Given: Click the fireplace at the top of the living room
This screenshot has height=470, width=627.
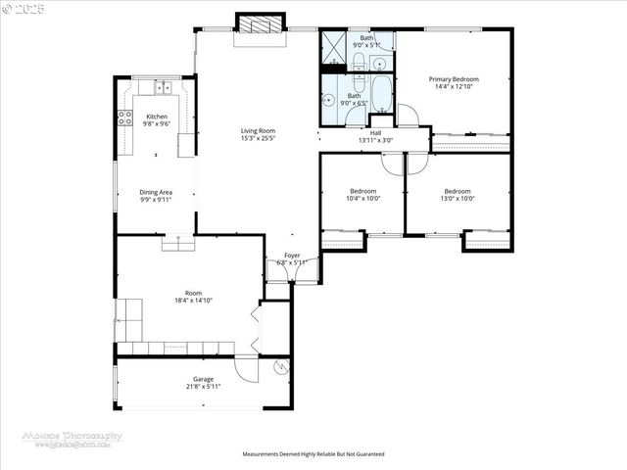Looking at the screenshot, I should click(x=260, y=26).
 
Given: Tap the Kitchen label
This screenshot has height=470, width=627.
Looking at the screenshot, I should click(x=157, y=117).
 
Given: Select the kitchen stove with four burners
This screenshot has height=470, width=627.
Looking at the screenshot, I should click(x=124, y=118).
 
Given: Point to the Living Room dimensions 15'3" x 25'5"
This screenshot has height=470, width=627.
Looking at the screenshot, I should click(x=259, y=138).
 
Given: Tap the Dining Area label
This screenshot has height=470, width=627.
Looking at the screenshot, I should click(x=156, y=192).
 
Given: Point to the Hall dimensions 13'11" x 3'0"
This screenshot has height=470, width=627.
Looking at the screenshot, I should click(x=375, y=140).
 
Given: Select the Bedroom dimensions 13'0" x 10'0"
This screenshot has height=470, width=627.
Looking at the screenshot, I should click(x=458, y=199).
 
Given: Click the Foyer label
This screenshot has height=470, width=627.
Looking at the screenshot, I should click(x=292, y=255).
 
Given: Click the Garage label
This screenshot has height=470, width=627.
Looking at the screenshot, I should click(x=203, y=379).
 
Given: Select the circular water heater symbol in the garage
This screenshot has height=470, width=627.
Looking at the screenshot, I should click(x=280, y=368).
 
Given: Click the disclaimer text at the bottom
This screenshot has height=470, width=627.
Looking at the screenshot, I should click(x=313, y=454).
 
